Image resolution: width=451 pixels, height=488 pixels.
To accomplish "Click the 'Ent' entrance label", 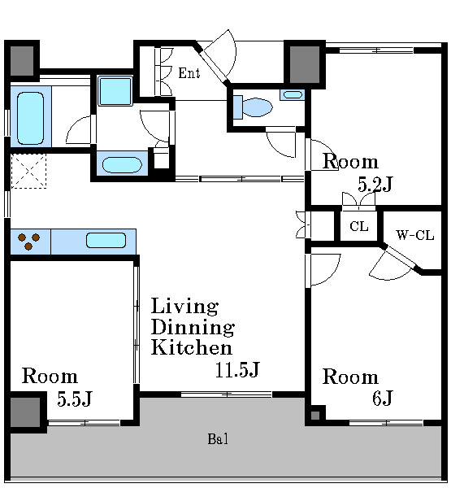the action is coord(189,73).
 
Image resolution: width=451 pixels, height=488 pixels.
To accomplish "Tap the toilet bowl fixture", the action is coord(253,107).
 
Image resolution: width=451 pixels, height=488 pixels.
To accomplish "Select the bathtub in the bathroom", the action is coord(31,118).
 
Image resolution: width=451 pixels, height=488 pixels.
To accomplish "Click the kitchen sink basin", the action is coord(106,240).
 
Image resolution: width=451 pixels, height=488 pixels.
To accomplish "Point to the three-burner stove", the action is coord(30,242).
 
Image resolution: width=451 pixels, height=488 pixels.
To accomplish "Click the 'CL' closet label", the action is coord(359,226).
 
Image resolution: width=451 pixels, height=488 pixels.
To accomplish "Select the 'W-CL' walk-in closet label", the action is coord(414,235).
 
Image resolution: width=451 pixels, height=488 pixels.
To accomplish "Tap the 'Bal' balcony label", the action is coord(218,439).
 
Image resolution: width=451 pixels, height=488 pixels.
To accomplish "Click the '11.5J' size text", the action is coord(237,370).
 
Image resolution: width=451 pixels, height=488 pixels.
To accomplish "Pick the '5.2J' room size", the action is coord(375,184).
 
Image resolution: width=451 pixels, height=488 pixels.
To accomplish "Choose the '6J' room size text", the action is coord(383,398).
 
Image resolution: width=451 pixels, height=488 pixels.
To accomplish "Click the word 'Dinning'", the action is coord(193,327).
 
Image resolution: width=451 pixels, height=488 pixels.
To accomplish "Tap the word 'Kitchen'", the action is coord(192,347).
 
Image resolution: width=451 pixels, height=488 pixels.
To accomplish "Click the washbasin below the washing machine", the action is coord(122,164).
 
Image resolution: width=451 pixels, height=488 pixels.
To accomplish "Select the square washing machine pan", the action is coord(115,91).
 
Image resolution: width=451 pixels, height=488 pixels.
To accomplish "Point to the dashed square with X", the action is coord(28,171).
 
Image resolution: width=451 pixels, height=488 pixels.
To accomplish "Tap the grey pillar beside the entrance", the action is coord(305,65).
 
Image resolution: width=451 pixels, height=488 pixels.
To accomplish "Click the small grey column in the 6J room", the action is coord(315,416).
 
